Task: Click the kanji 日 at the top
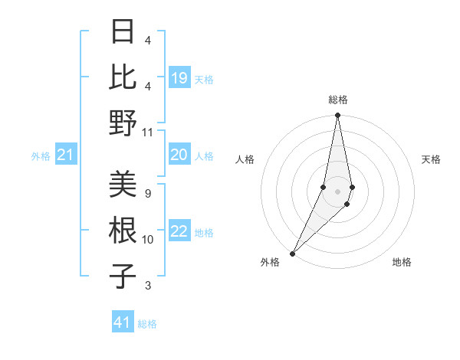tap(123, 31)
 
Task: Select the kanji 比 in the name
tap(123, 77)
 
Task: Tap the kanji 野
tap(123, 123)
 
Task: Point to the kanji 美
tap(123, 184)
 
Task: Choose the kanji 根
tap(123, 230)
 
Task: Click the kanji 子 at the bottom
tap(123, 276)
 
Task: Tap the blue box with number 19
tap(179, 77)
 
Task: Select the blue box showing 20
tap(179, 155)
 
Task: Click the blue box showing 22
tap(179, 232)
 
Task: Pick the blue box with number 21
tap(66, 155)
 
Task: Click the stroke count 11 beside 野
tap(148, 132)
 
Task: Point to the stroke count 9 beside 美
tap(147, 193)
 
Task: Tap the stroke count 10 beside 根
tap(148, 240)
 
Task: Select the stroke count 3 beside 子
tap(147, 286)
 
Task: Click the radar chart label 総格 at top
tap(337, 100)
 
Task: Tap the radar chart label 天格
tap(431, 159)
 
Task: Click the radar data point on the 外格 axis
tap(293, 253)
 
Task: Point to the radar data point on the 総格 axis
tap(337, 116)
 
